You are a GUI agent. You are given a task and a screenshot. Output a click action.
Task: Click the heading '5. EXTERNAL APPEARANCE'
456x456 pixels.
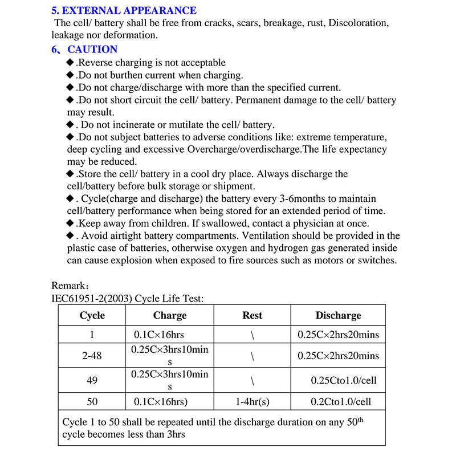tap(124, 10)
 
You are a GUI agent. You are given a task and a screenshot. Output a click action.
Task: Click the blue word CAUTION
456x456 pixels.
tap(92, 50)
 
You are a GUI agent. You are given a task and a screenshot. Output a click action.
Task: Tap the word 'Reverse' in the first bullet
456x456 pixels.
tap(97, 63)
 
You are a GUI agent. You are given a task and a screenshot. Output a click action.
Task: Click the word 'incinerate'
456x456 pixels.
tap(129, 125)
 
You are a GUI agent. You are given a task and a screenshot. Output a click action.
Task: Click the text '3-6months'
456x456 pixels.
tap(302, 198)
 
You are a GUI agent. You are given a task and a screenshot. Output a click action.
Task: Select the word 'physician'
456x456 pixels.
tap(309, 223)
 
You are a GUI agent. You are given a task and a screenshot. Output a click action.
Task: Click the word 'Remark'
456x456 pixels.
tap(67, 286)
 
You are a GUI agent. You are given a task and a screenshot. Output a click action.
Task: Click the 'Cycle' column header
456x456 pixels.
tap(92, 315)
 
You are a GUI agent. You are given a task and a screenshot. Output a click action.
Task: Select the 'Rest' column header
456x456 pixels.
tap(253, 315)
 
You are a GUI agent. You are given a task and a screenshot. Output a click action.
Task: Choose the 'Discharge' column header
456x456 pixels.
tap(338, 315)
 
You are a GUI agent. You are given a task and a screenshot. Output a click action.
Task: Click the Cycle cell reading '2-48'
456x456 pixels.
tap(92, 356)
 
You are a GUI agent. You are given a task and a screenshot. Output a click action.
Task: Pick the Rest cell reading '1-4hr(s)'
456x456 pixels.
tap(253, 402)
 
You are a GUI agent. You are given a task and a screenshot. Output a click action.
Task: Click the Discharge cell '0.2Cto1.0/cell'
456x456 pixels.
tap(341, 402)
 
